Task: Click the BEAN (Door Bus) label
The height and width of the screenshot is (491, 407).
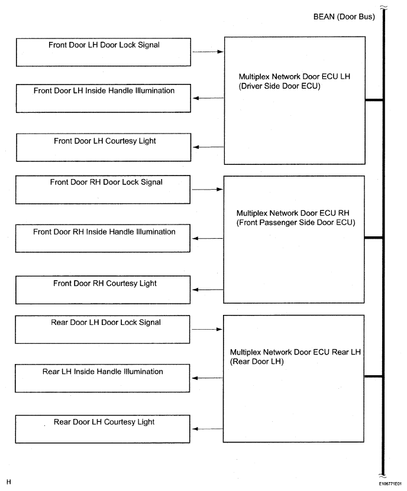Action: coord(344,17)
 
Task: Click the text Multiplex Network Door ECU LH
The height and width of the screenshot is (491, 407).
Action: coord(295,76)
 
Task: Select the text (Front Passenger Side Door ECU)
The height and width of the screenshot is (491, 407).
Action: coord(296,223)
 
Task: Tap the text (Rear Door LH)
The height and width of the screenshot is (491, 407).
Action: coord(257,362)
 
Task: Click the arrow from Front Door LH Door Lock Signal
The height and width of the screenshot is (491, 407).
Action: coord(208,51)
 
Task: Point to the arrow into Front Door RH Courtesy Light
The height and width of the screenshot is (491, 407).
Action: coord(208,290)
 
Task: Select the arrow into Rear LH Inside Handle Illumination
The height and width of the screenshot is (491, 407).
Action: coord(207,378)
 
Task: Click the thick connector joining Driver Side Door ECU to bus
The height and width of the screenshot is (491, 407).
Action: coord(374,100)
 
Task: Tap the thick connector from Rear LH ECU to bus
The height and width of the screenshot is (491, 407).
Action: coord(373,376)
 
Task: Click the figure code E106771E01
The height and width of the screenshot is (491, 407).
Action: coord(390,484)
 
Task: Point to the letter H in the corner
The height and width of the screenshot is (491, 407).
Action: coord(8,482)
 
